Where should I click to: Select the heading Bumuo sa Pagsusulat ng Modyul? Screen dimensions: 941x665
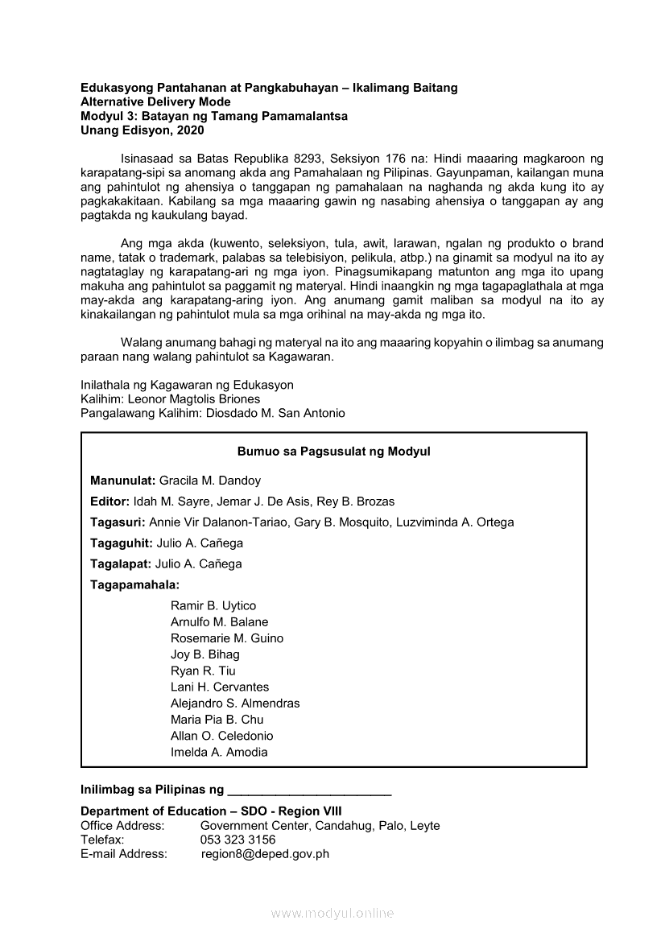[333, 452]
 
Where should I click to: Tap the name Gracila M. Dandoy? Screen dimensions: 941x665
[210, 481]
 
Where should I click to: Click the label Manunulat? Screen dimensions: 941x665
[123, 481]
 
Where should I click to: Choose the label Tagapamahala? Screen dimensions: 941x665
[135, 584]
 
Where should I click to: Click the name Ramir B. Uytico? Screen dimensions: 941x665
[213, 605]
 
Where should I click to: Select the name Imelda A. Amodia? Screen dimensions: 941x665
[219, 752]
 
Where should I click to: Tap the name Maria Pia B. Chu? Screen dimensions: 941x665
[217, 720]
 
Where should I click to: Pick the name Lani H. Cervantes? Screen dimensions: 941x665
[220, 687]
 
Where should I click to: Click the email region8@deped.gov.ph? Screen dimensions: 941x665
[265, 854]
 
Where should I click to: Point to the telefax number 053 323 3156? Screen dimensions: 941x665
[237, 840]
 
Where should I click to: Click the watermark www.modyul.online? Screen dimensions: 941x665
[332, 913]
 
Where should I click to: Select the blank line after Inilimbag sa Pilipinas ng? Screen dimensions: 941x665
[310, 791]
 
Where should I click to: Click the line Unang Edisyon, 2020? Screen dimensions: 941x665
[142, 130]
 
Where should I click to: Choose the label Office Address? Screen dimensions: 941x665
[122, 825]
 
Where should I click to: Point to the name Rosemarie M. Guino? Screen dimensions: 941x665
[227, 638]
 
